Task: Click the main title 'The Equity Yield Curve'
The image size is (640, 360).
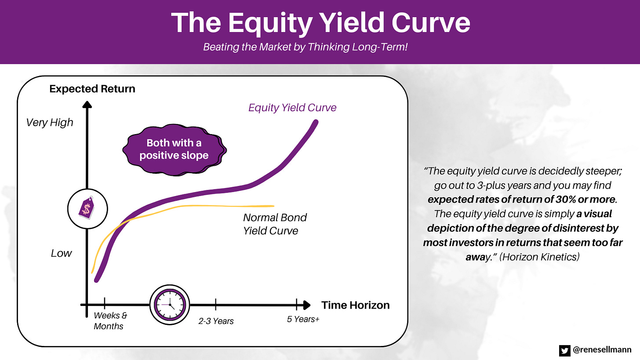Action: click(x=320, y=23)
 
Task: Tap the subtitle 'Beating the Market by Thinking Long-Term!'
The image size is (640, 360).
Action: click(x=305, y=47)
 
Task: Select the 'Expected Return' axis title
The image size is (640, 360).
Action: click(x=92, y=89)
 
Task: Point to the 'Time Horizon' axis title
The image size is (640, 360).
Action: click(x=356, y=305)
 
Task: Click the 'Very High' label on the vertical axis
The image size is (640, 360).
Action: click(x=49, y=123)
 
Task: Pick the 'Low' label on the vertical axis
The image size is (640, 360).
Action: click(x=61, y=253)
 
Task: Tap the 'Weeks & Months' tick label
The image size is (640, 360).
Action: click(x=110, y=320)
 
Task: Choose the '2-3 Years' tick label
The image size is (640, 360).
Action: click(x=216, y=321)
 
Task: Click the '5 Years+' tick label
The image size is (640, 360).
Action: click(x=303, y=319)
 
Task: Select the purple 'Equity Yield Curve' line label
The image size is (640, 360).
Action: click(x=292, y=108)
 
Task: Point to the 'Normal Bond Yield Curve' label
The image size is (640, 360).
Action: click(x=275, y=224)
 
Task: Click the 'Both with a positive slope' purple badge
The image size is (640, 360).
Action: click(x=174, y=150)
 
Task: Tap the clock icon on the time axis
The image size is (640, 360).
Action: click(x=170, y=305)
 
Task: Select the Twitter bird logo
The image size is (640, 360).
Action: click(x=564, y=350)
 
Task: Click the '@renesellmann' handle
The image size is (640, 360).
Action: click(x=602, y=349)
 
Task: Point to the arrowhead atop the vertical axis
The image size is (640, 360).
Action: click(x=87, y=105)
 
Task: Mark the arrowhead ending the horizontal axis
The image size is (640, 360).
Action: click(x=306, y=305)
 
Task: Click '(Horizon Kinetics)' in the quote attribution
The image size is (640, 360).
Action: click(x=539, y=257)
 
